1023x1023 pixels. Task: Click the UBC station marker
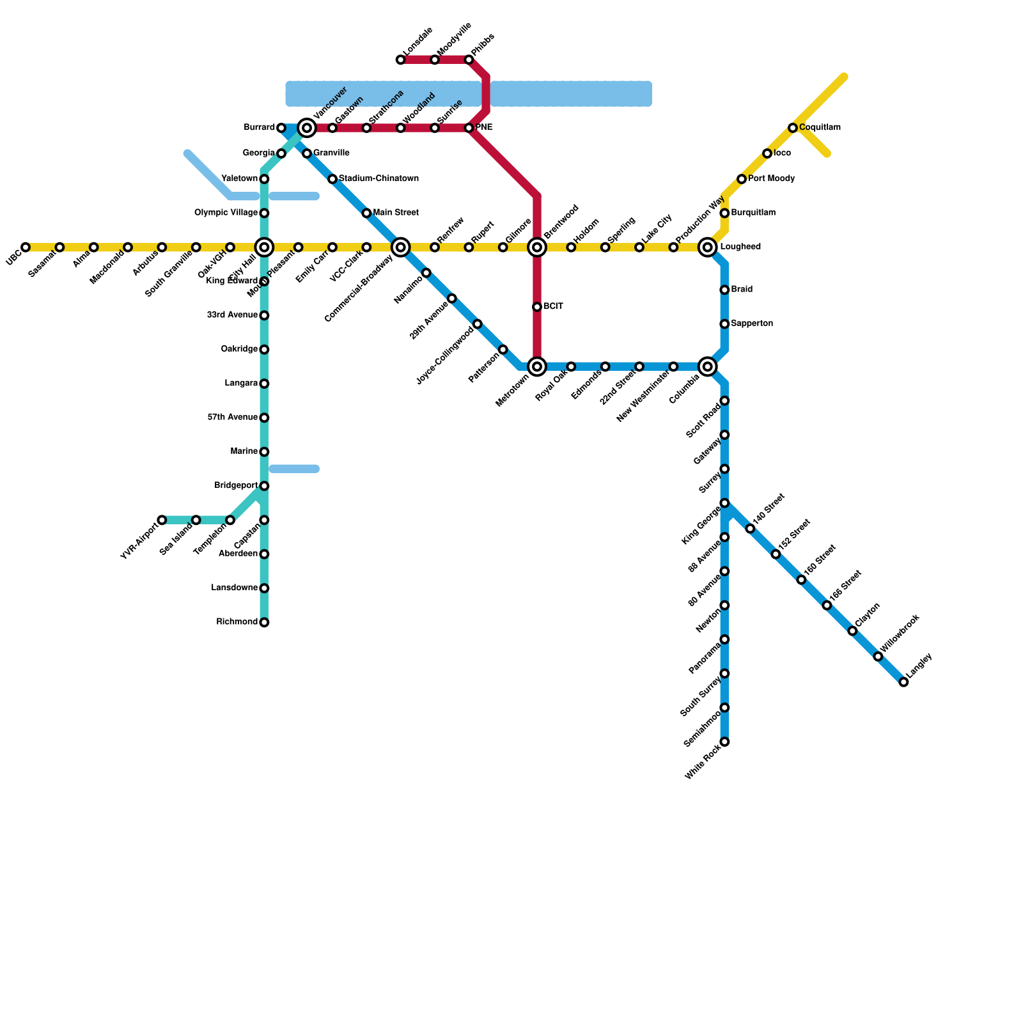point(26,247)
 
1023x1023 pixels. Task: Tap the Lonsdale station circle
point(401,60)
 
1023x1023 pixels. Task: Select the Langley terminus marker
point(903,682)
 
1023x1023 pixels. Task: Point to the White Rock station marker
point(724,742)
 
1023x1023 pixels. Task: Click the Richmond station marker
point(264,622)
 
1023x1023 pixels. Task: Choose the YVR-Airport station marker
point(162,520)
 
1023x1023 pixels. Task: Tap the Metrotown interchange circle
point(537,366)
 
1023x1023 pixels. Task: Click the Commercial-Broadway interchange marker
point(401,247)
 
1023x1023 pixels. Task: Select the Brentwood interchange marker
point(537,247)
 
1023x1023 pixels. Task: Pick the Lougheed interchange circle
point(708,247)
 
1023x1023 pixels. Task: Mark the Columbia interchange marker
point(708,366)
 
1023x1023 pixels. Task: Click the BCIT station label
point(553,307)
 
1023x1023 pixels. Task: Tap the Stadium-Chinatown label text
point(379,178)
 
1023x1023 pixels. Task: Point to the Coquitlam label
point(820,128)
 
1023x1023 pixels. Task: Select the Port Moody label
point(771,179)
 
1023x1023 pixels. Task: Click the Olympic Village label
point(226,213)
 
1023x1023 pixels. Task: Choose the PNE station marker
point(469,128)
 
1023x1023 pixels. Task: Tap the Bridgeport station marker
point(264,486)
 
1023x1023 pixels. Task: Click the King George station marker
point(724,503)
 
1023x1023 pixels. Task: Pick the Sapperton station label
point(752,324)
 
